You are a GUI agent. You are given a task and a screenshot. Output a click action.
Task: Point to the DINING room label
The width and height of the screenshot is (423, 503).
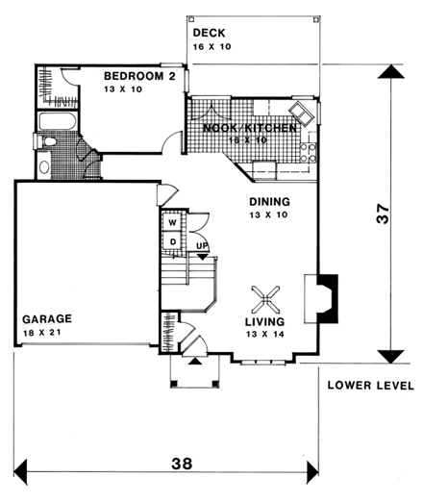(x=269, y=202)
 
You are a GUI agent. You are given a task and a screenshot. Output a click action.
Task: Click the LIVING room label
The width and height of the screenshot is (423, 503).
(x=263, y=322)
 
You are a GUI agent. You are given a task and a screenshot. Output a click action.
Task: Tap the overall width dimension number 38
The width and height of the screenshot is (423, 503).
(x=180, y=463)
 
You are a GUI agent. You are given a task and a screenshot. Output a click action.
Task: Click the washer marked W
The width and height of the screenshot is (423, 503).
(x=172, y=219)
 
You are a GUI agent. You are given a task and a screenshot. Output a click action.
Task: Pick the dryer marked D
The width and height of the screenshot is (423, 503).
(x=172, y=239)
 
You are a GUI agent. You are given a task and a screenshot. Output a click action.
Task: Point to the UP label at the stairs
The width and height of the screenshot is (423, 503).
(x=202, y=247)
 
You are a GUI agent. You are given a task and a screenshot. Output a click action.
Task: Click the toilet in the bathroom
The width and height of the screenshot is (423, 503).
(x=44, y=165)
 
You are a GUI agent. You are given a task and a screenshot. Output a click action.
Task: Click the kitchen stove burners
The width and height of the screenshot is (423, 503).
(x=311, y=150)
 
